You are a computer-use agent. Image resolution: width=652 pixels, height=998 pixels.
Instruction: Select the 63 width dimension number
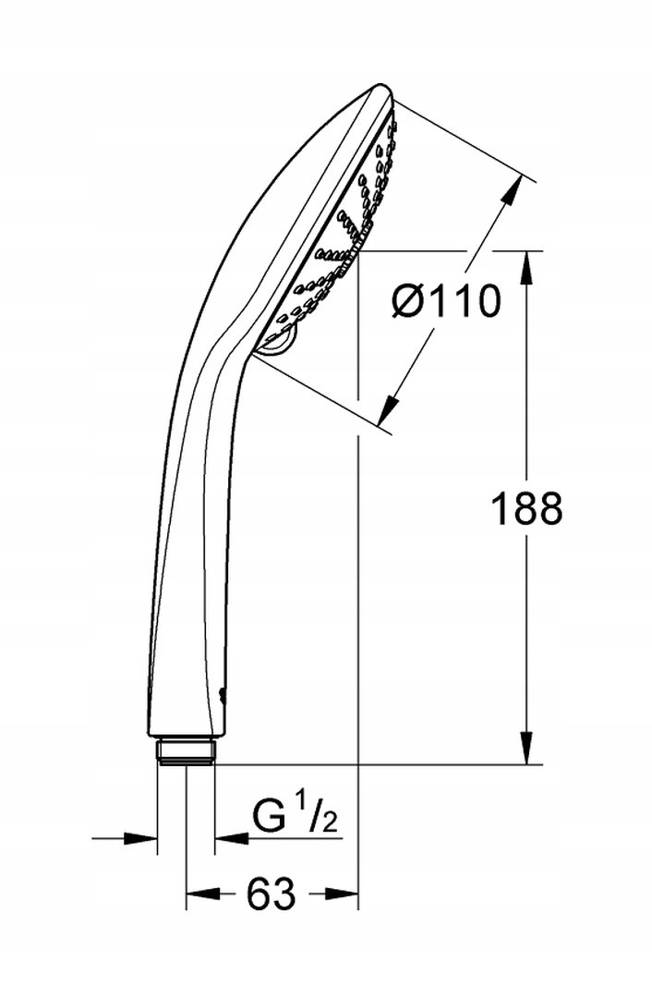pos(271,893)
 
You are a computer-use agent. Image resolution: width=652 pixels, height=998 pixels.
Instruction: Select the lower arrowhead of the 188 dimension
pos(526,746)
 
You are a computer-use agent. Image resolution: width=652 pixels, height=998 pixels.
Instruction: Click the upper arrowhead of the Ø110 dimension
pos(512,190)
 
